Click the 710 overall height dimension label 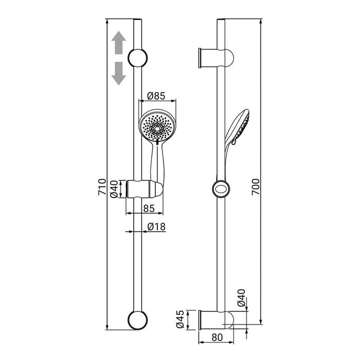point(102,187)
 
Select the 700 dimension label point(256,187)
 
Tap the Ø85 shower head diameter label point(156,96)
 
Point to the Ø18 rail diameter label point(156,227)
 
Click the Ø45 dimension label point(180,319)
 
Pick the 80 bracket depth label point(217,337)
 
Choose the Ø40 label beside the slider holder point(114,189)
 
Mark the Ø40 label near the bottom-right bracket point(241,298)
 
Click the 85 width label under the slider point(149,208)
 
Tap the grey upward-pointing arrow point(119,43)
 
